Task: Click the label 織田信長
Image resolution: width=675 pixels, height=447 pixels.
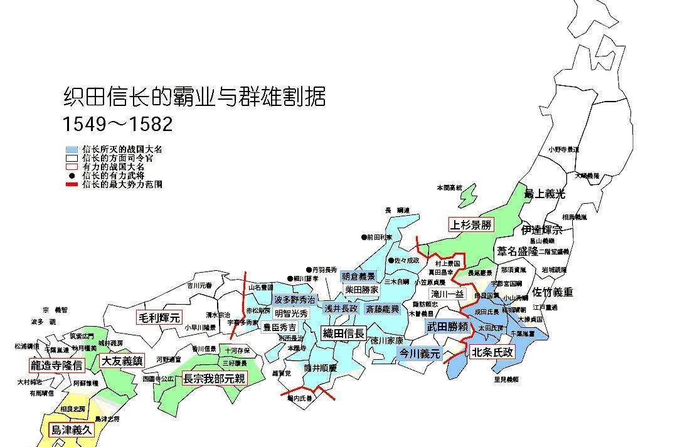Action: tap(343, 334)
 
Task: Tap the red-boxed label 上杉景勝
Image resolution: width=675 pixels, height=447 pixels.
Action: tap(470, 224)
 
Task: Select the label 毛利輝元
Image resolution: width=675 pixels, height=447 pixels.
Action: tap(158, 317)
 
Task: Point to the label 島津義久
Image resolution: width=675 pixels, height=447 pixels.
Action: tap(71, 430)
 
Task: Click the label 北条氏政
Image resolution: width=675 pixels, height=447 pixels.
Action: tap(492, 352)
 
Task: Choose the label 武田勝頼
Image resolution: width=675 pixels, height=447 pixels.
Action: tap(447, 327)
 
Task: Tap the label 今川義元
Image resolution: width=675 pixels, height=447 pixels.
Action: tap(420, 354)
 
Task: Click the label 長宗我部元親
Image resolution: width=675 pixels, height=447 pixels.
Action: tap(214, 379)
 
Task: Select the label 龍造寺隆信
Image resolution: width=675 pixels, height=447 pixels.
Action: tap(56, 365)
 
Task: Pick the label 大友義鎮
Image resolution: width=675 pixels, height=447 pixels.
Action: tap(122, 361)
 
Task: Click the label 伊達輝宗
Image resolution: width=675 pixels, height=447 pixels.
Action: tap(541, 229)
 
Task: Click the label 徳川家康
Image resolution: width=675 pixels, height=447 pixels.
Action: tap(386, 341)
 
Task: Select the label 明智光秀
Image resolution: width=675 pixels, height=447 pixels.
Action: tap(291, 313)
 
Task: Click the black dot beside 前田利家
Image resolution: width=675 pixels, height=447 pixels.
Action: tap(363, 238)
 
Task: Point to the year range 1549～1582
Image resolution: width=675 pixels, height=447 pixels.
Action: tap(117, 124)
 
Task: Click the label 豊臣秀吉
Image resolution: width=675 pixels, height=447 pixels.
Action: tap(280, 327)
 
